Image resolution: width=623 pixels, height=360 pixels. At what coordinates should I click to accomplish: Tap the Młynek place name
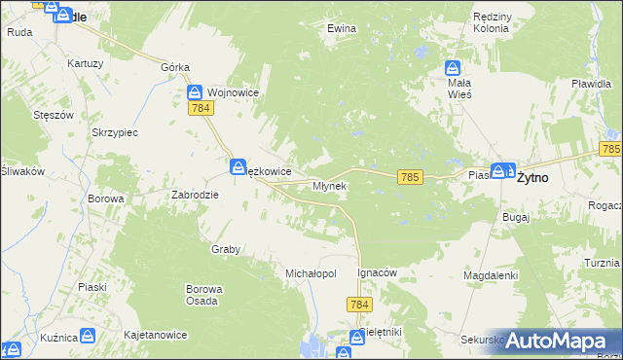329,185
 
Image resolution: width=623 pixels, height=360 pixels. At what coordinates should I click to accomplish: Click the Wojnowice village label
231,92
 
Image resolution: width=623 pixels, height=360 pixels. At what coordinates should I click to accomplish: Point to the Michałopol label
311,273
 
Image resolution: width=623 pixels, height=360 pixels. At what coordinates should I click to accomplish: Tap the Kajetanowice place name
155,335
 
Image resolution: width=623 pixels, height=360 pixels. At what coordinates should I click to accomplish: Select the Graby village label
226,249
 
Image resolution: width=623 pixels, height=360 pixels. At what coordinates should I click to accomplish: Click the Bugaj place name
516,217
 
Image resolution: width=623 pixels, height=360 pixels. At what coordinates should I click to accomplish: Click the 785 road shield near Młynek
410,176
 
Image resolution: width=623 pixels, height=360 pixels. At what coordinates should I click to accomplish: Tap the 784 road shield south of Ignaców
357,306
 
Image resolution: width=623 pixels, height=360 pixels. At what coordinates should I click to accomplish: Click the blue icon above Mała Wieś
453,68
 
